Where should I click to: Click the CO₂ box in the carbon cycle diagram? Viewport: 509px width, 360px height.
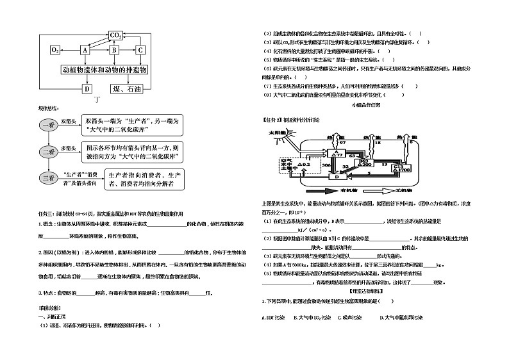pos(116,35)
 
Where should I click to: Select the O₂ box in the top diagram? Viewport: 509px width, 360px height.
pos(55,49)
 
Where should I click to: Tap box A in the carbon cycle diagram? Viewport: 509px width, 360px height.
pos(85,49)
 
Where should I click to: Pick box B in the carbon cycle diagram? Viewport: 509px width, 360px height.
pos(114,49)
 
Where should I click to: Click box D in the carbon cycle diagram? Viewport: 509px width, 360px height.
pos(87,89)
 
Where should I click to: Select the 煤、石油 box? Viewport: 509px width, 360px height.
pos(126,89)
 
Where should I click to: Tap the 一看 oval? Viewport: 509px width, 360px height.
pos(51,126)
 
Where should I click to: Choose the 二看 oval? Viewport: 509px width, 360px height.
pos(51,152)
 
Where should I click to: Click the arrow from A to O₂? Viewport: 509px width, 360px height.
pos(70,49)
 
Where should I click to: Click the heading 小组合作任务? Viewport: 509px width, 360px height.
pos(367,105)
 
